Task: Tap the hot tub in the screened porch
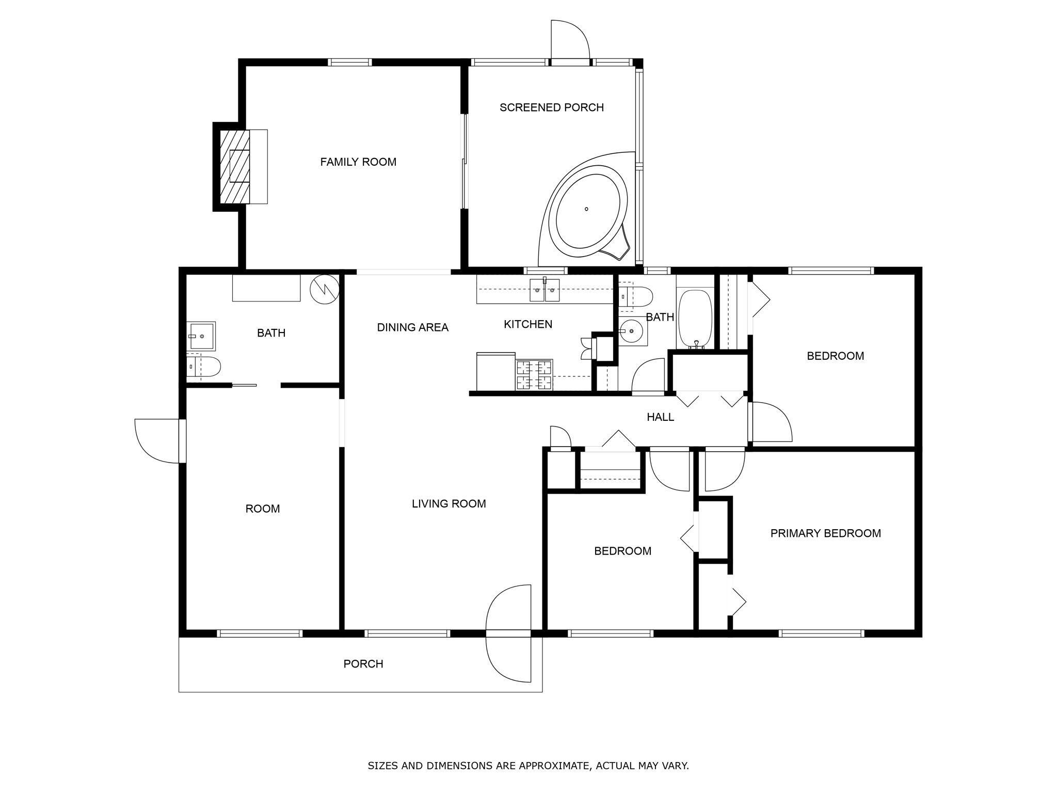(587, 210)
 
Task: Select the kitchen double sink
(545, 290)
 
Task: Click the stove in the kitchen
(534, 375)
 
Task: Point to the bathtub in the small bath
(695, 319)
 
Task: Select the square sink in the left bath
(201, 336)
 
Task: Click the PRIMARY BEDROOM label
(825, 533)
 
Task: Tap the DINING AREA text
(412, 327)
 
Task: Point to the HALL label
(660, 417)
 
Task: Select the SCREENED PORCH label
(551, 107)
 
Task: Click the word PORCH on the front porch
(363, 664)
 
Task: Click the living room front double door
(508, 633)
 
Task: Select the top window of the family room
(350, 62)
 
